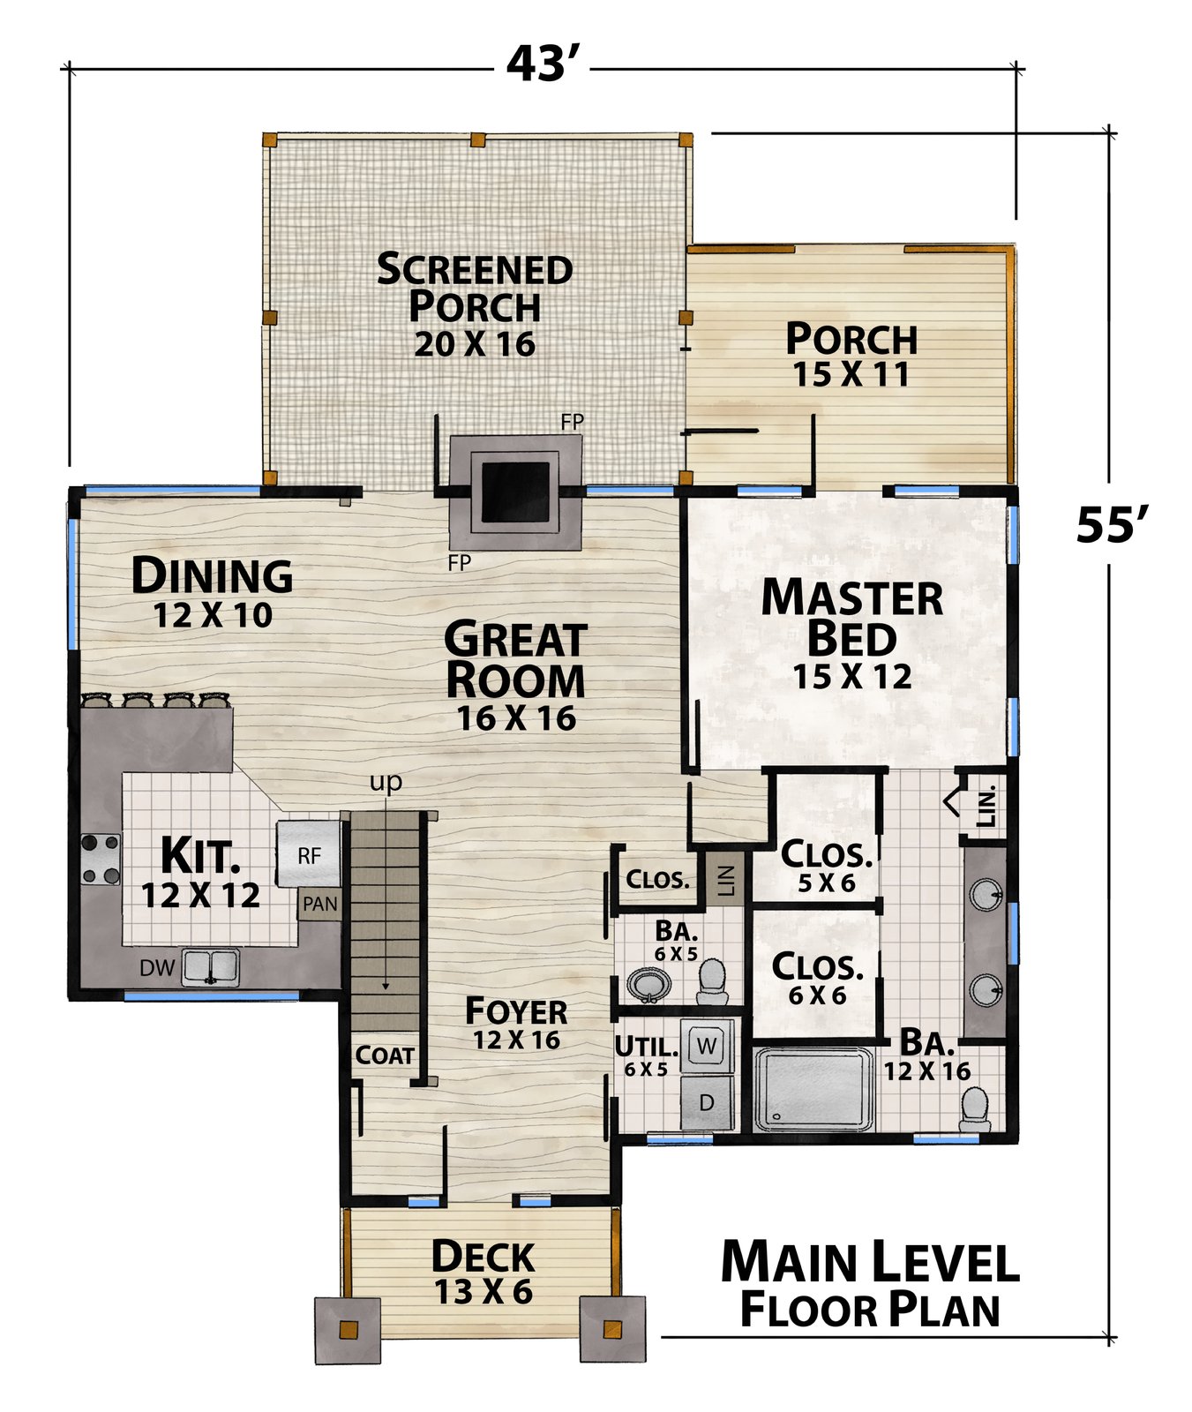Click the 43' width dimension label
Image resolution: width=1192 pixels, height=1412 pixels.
543,64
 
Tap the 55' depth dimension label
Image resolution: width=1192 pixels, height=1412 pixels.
1112,525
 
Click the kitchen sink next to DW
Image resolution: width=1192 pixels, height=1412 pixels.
210,967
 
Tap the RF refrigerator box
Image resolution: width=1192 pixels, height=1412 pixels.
308,854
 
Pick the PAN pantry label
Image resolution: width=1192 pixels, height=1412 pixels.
320,904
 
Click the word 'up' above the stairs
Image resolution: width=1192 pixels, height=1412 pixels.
386,783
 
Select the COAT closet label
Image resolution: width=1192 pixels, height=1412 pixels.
385,1055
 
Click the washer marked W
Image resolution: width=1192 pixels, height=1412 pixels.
707,1047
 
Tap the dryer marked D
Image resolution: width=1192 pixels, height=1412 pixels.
707,1102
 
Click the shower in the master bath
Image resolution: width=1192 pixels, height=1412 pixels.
813,1088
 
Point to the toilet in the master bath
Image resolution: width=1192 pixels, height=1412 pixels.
975,1109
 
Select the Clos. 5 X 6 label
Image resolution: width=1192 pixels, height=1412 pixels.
827,867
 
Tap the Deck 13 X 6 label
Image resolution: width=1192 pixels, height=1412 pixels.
484,1273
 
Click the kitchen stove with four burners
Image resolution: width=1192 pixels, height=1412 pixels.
101,859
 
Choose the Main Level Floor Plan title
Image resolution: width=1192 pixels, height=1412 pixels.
870,1284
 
